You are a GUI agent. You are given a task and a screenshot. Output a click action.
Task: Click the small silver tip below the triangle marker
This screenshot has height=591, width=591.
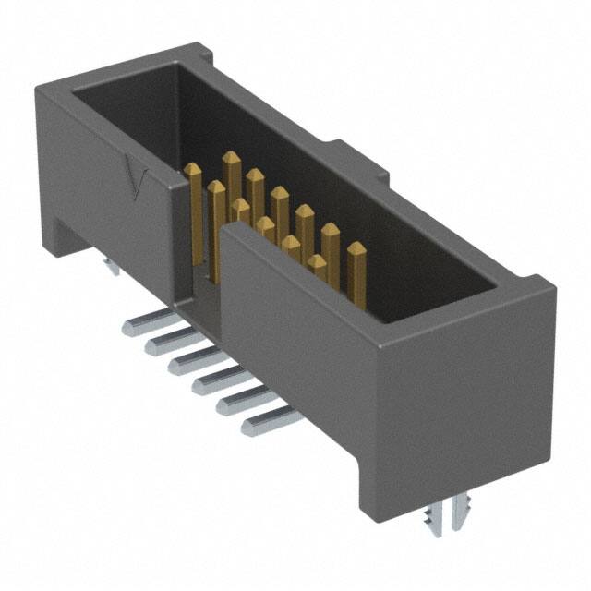tap(112, 269)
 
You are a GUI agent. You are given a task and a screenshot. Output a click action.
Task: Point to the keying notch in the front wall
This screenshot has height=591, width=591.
tap(199, 277)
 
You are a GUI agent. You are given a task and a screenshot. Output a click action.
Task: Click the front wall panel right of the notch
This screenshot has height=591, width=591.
tap(295, 351)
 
